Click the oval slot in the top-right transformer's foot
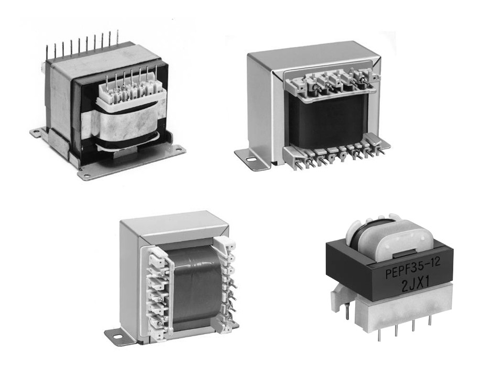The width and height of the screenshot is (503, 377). click(x=250, y=158)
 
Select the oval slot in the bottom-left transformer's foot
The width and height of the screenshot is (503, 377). click(x=116, y=337)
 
